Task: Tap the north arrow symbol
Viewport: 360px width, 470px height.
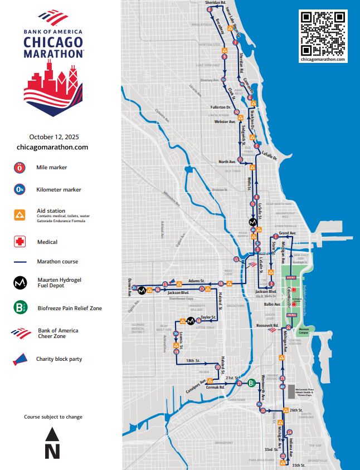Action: pos(52,443)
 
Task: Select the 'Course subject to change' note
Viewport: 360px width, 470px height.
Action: pos(53,417)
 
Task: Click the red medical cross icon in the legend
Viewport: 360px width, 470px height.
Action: pos(20,242)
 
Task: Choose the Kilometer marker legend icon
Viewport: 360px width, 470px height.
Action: pos(20,190)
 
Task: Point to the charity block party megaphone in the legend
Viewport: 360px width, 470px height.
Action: pos(20,359)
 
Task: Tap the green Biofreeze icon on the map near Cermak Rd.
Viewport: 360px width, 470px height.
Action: pos(252,383)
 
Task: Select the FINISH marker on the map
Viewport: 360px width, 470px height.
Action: pos(290,315)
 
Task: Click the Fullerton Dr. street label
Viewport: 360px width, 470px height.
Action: pos(221,107)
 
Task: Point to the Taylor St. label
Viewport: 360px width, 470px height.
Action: pos(208,317)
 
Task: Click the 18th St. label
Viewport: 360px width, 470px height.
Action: pos(193,361)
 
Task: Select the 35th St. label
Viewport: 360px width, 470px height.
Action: pos(299,465)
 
